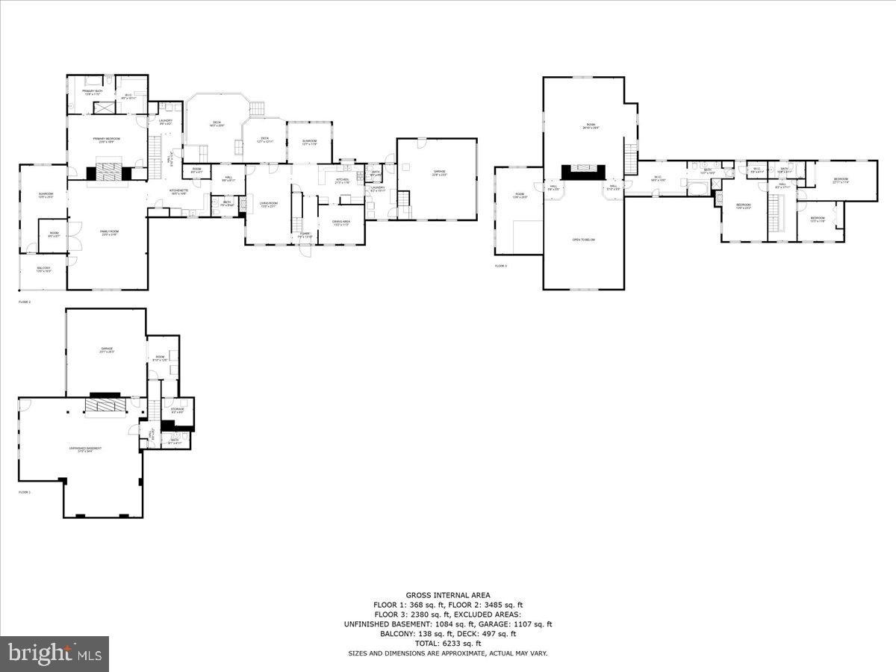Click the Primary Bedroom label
(107, 140)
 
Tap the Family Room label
(110, 232)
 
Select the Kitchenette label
(178, 192)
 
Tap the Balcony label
(44, 269)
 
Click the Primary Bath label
(93, 92)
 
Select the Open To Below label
(583, 240)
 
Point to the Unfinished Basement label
(85, 449)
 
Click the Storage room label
(177, 410)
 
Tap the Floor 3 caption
(500, 266)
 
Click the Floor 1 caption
(25, 492)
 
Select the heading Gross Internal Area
(448, 595)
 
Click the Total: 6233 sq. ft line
(448, 643)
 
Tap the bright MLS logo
(55, 654)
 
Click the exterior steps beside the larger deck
(257, 110)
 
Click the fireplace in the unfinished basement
(100, 405)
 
